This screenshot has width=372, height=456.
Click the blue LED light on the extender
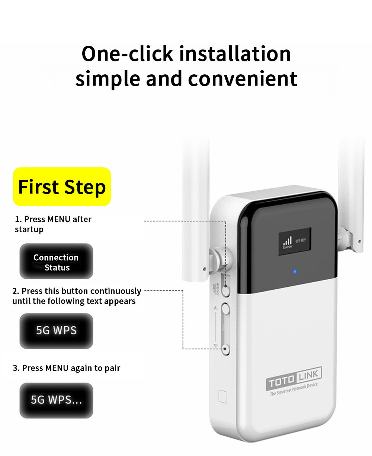295,271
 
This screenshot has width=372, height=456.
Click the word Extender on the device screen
288,247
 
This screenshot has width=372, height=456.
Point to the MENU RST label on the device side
217,288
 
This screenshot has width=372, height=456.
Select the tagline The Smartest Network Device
294,389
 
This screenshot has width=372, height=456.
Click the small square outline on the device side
222,396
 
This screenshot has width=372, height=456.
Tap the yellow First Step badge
62,187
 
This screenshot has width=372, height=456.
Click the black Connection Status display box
56,262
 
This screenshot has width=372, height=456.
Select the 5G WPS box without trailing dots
56,330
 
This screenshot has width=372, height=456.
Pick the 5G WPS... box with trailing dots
56,400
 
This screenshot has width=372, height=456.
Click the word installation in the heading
235,54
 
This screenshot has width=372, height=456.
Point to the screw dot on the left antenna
204,268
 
